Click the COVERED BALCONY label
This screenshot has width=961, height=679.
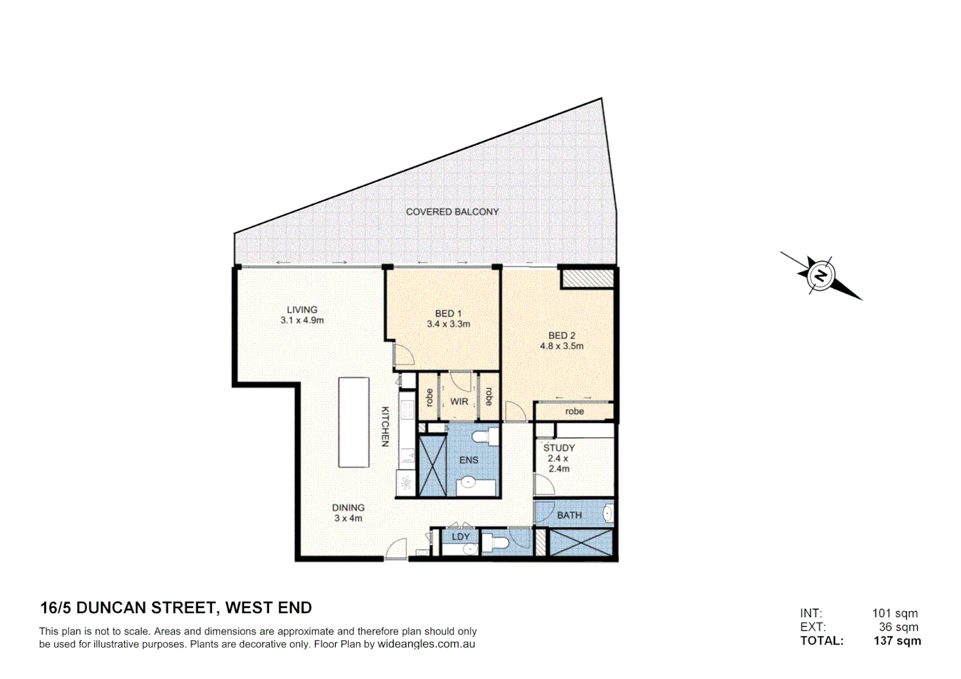click(x=452, y=212)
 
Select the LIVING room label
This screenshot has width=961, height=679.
click(x=302, y=309)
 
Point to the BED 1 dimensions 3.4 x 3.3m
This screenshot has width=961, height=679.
click(x=448, y=324)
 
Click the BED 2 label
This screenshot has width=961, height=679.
click(x=562, y=336)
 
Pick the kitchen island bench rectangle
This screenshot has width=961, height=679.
click(x=353, y=422)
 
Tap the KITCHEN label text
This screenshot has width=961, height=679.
click(x=386, y=426)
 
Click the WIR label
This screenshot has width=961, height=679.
click(x=459, y=402)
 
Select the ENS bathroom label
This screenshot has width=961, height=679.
click(x=469, y=460)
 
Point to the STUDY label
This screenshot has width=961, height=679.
click(x=559, y=448)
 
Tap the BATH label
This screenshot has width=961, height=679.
click(x=569, y=516)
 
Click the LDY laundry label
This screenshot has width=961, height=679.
click(x=460, y=537)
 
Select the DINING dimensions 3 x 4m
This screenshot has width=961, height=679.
click(x=348, y=519)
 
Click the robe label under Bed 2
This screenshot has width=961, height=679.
click(x=574, y=412)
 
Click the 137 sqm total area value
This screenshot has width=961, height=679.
click(x=897, y=641)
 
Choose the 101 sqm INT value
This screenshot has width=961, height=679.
click(x=894, y=613)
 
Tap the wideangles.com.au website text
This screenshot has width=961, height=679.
click(x=426, y=644)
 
